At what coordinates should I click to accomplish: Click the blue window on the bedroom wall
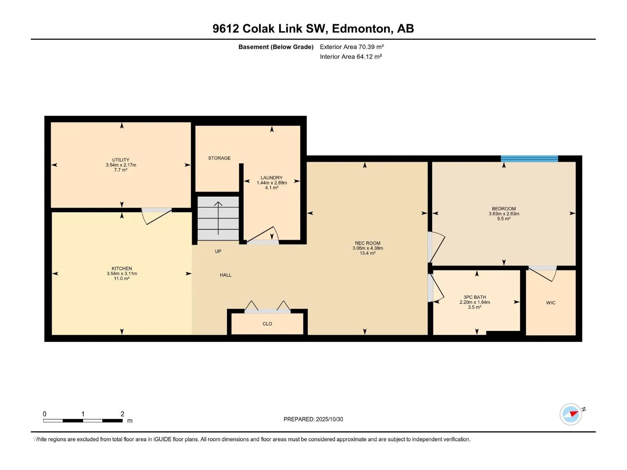click(529, 159)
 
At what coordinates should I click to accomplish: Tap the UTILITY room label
click(121, 160)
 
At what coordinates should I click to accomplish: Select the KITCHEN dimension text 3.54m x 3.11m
click(121, 273)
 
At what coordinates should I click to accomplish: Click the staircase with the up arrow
click(218, 219)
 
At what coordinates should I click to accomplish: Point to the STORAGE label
click(219, 158)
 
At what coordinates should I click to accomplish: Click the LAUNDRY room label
click(272, 178)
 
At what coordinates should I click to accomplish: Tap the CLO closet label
click(267, 324)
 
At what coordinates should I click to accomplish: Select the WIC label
click(551, 303)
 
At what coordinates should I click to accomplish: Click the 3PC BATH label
click(475, 297)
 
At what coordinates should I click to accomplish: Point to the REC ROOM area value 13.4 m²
click(368, 253)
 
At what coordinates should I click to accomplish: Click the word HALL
click(225, 275)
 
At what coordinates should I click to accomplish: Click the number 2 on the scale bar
click(122, 414)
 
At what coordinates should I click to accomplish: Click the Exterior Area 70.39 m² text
click(352, 47)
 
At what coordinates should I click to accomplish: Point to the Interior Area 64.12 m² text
click(351, 57)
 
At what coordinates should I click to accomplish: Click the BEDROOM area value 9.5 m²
click(504, 219)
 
